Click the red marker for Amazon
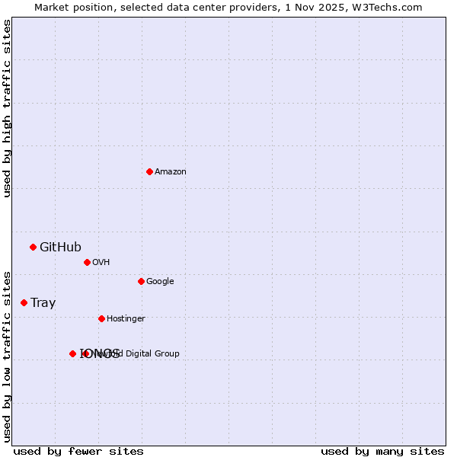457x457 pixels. [x=149, y=171]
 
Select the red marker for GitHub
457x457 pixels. [x=33, y=247]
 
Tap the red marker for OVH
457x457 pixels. [x=87, y=262]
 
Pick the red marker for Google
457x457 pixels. [x=141, y=281]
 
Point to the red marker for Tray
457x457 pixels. [x=24, y=302]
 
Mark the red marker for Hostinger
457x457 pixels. [x=101, y=318]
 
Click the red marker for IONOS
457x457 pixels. [x=72, y=353]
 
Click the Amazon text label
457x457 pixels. [x=171, y=171]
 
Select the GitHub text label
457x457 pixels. [x=60, y=247]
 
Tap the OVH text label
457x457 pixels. [x=101, y=262]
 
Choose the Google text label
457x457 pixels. [x=160, y=281]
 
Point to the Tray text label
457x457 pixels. [x=43, y=302]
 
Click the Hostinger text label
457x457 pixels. [x=126, y=318]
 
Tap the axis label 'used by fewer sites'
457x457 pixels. [x=78, y=451]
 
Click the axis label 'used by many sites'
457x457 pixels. [x=382, y=451]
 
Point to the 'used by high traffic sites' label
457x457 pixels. [x=7, y=108]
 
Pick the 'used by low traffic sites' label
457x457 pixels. [x=7, y=356]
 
